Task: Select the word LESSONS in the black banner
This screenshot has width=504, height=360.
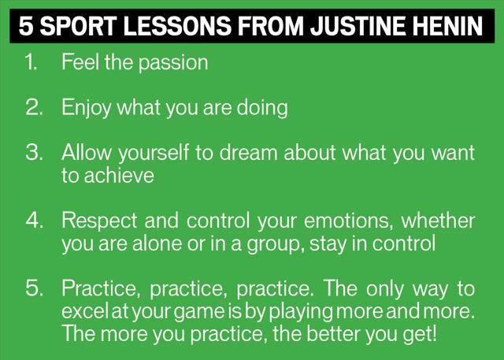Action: point(177,26)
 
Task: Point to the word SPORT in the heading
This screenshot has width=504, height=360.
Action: point(79,26)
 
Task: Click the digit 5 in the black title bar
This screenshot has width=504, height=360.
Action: point(26,26)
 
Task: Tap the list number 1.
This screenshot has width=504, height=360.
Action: point(31,61)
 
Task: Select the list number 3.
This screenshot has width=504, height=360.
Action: point(34,152)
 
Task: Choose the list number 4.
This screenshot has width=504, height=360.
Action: point(34,221)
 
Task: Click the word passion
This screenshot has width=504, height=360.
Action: point(173,63)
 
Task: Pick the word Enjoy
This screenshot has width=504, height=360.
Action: point(86,109)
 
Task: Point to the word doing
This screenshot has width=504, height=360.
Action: point(262,109)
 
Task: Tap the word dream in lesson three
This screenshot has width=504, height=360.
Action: point(248,152)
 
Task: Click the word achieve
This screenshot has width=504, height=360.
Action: point(119,176)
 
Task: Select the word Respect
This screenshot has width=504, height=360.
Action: point(100,221)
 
